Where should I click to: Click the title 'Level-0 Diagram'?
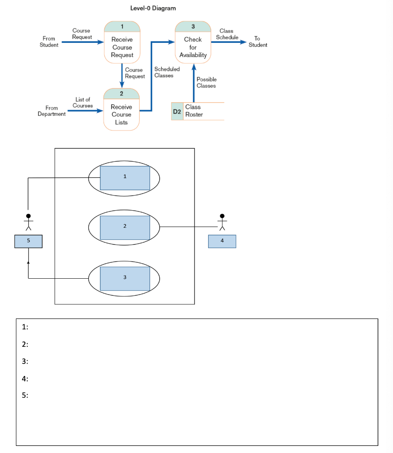(153, 8)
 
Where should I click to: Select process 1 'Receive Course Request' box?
(122, 43)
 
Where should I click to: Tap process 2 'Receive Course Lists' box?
(121, 111)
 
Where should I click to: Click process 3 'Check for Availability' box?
(193, 43)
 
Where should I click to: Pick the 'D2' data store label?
(177, 111)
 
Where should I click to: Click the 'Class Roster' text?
(194, 111)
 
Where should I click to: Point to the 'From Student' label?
(49, 42)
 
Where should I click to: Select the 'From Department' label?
(52, 111)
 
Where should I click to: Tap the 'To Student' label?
(258, 42)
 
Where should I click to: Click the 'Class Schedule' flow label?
(226, 34)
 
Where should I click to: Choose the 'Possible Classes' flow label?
(206, 82)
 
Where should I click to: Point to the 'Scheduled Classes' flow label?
(167, 72)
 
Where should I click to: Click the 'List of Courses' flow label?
(83, 103)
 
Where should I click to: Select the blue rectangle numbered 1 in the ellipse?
(125, 177)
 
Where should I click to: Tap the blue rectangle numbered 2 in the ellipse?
(125, 227)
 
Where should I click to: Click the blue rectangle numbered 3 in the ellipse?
(125, 278)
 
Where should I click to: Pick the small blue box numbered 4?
(222, 242)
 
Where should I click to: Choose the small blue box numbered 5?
(28, 242)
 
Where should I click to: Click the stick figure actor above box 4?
(222, 222)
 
